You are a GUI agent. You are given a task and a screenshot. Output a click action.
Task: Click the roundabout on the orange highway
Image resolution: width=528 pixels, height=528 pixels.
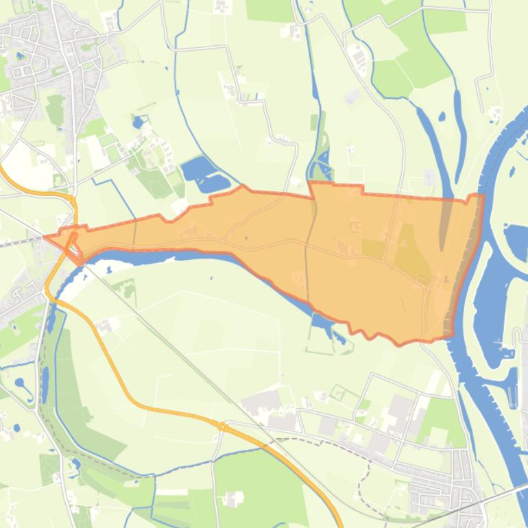223,427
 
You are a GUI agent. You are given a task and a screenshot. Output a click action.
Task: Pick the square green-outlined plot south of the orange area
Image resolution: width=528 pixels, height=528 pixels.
338,393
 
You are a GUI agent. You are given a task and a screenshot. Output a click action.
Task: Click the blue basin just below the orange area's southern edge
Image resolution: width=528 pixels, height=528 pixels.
320,322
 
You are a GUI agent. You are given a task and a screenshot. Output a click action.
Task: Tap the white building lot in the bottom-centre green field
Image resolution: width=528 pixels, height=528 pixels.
233,499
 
